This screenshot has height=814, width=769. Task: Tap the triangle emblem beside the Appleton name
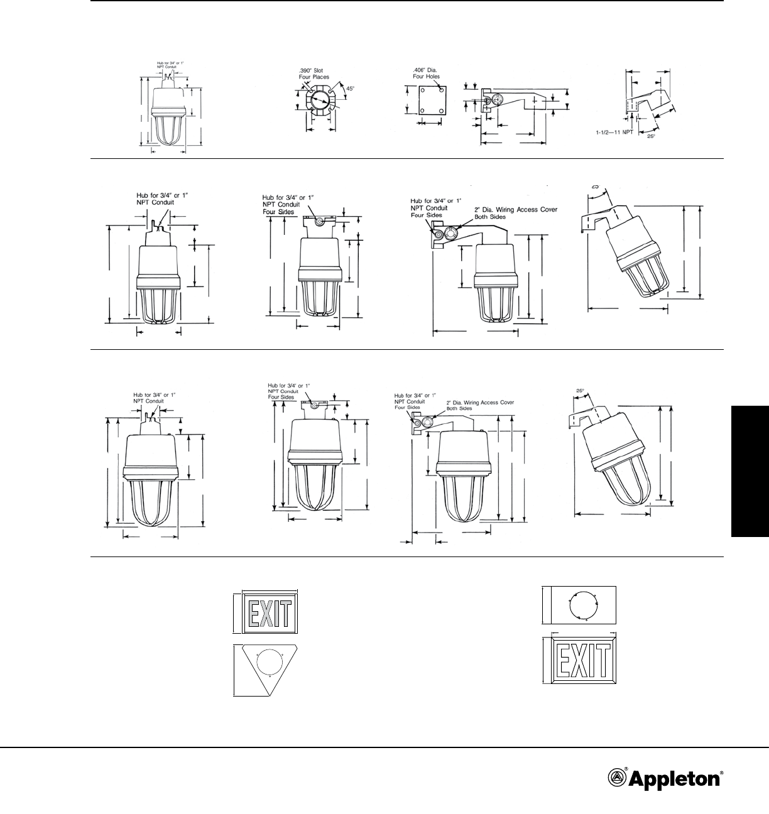[x=618, y=779]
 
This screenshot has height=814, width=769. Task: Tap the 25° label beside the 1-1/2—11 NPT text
[x=650, y=136]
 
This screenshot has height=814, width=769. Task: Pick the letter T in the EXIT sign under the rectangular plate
[x=603, y=661]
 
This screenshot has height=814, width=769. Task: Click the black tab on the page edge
[x=750, y=471]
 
